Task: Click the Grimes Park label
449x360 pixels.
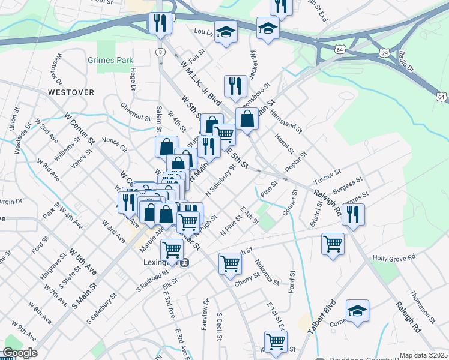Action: coord(110,61)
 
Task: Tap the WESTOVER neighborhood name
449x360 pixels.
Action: coord(71,92)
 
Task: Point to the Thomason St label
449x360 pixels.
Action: coord(422,304)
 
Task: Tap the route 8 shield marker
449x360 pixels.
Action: coord(160,52)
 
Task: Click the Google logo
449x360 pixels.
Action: coord(19,353)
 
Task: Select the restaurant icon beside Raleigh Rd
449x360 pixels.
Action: coord(353,214)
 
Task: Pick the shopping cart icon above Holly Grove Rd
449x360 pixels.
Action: coord(333,244)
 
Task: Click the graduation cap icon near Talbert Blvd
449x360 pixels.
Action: coord(357,311)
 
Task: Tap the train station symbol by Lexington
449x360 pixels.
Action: coord(185,262)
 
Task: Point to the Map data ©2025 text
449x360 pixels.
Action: coord(423,355)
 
